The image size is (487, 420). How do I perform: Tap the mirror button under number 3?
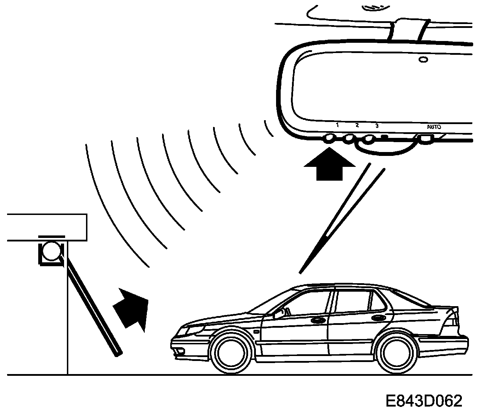coord(369,139)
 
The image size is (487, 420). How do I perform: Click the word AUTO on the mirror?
coord(434,127)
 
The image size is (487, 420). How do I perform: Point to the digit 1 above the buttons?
coord(337,125)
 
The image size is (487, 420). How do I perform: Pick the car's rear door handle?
coord(379,317)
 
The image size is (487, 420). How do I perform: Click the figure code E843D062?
coord(423,402)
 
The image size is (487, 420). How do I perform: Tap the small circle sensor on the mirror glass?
coord(423,59)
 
